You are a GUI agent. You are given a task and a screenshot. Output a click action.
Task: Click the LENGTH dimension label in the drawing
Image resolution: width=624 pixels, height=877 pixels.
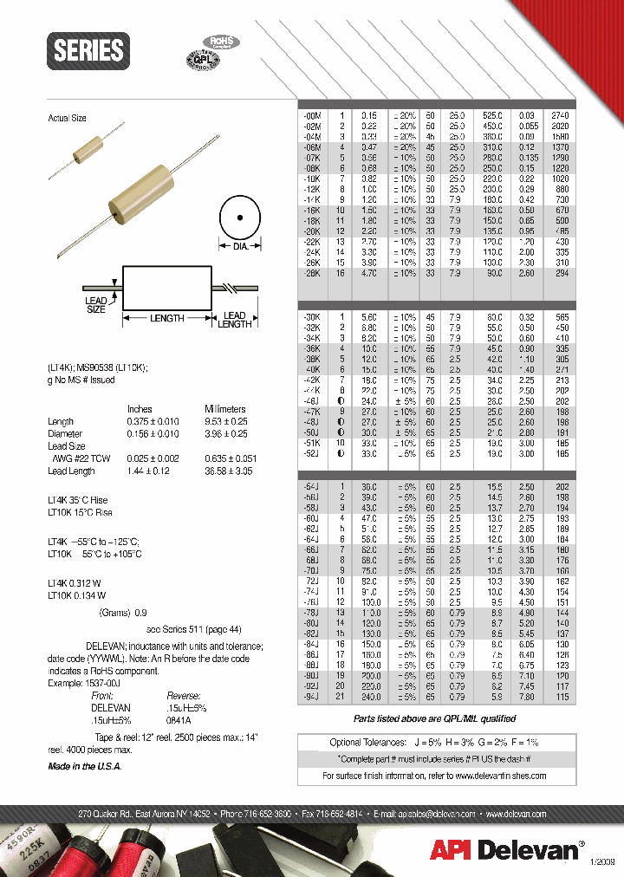click(x=166, y=318)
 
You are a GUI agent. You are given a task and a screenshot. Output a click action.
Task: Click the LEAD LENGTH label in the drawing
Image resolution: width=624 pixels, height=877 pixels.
click(x=234, y=319)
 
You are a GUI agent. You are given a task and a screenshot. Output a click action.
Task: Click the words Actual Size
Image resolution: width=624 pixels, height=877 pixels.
click(x=67, y=118)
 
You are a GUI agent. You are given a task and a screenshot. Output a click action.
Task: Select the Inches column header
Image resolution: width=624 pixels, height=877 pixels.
click(x=140, y=409)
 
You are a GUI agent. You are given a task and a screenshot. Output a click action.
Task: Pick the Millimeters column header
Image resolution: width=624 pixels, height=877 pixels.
click(x=224, y=409)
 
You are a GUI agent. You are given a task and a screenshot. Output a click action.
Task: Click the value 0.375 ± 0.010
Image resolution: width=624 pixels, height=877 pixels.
click(x=153, y=421)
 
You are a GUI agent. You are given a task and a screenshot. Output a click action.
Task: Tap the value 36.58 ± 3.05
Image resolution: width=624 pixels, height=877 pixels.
click(x=229, y=471)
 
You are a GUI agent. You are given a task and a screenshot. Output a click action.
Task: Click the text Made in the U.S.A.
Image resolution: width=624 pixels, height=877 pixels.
click(x=85, y=767)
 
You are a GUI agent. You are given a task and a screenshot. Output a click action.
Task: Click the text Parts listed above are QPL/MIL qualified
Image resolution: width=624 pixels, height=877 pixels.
click(x=434, y=718)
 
